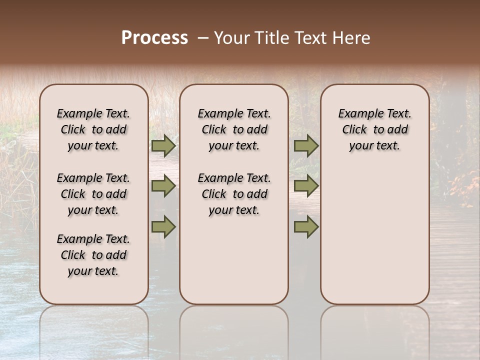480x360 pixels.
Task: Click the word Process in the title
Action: click(x=154, y=38)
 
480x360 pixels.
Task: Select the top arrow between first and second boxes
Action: click(x=163, y=146)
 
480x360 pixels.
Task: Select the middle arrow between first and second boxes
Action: click(x=163, y=186)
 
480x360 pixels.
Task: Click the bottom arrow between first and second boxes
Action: click(x=163, y=227)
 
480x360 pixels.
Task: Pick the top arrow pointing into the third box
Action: click(x=306, y=146)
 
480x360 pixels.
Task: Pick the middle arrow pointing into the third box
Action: click(x=306, y=186)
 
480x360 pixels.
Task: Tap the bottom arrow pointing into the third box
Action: click(x=306, y=227)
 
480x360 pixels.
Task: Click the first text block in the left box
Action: click(x=93, y=129)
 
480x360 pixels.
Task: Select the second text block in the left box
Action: click(x=93, y=194)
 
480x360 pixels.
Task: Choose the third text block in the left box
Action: click(x=93, y=255)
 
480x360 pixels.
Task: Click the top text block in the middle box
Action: click(x=234, y=129)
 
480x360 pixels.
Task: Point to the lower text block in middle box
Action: click(x=234, y=194)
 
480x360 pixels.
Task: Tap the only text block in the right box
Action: click(x=374, y=129)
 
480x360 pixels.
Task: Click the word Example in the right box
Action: click(x=356, y=113)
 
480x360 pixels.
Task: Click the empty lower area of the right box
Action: click(x=374, y=235)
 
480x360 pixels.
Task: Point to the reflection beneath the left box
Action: click(x=93, y=325)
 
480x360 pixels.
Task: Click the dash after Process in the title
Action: click(x=203, y=38)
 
